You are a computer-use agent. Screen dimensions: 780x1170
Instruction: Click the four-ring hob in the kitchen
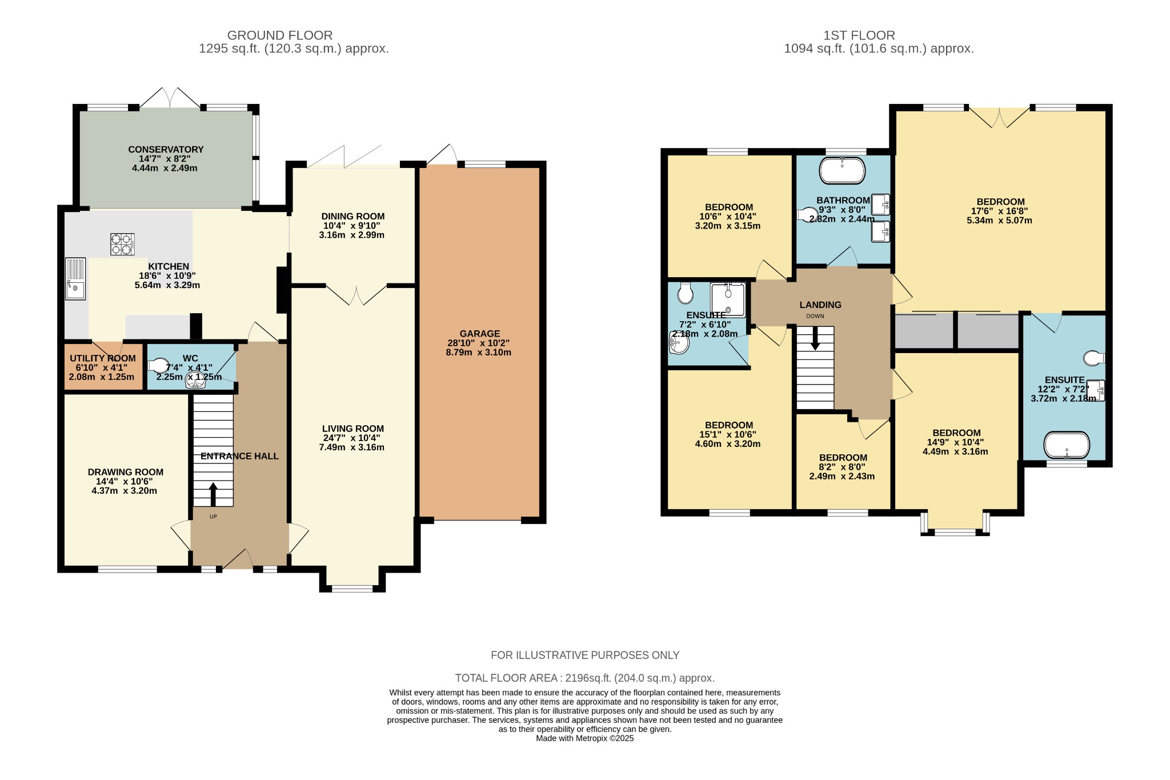click(122, 244)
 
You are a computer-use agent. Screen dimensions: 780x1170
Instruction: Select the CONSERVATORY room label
click(166, 150)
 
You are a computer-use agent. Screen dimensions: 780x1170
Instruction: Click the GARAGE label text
click(479, 334)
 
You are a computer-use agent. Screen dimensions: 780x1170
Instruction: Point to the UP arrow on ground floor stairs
click(214, 494)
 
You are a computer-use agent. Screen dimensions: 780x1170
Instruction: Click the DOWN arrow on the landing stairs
click(815, 338)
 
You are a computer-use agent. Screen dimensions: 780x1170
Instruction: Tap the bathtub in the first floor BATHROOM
click(842, 171)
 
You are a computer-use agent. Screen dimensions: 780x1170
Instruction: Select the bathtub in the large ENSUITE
click(1067, 445)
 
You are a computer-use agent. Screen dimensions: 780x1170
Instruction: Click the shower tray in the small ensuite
click(728, 299)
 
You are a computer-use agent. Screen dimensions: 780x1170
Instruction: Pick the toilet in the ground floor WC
click(158, 365)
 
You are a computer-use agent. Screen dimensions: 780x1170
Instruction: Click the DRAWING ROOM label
click(125, 472)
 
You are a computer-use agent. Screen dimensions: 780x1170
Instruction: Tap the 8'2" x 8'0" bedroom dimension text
click(842, 467)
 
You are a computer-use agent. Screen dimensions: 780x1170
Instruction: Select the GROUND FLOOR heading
click(280, 35)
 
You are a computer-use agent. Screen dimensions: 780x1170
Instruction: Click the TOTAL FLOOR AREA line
click(584, 678)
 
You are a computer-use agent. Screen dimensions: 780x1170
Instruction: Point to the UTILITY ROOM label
click(103, 358)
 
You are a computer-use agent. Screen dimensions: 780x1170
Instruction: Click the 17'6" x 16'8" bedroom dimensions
click(999, 211)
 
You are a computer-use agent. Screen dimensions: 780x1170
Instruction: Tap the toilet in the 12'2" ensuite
click(1094, 358)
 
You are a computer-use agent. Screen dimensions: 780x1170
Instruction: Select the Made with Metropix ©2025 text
click(584, 738)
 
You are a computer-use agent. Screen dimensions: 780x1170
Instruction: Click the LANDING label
click(820, 305)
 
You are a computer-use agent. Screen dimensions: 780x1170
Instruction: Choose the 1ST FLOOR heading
click(859, 35)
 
